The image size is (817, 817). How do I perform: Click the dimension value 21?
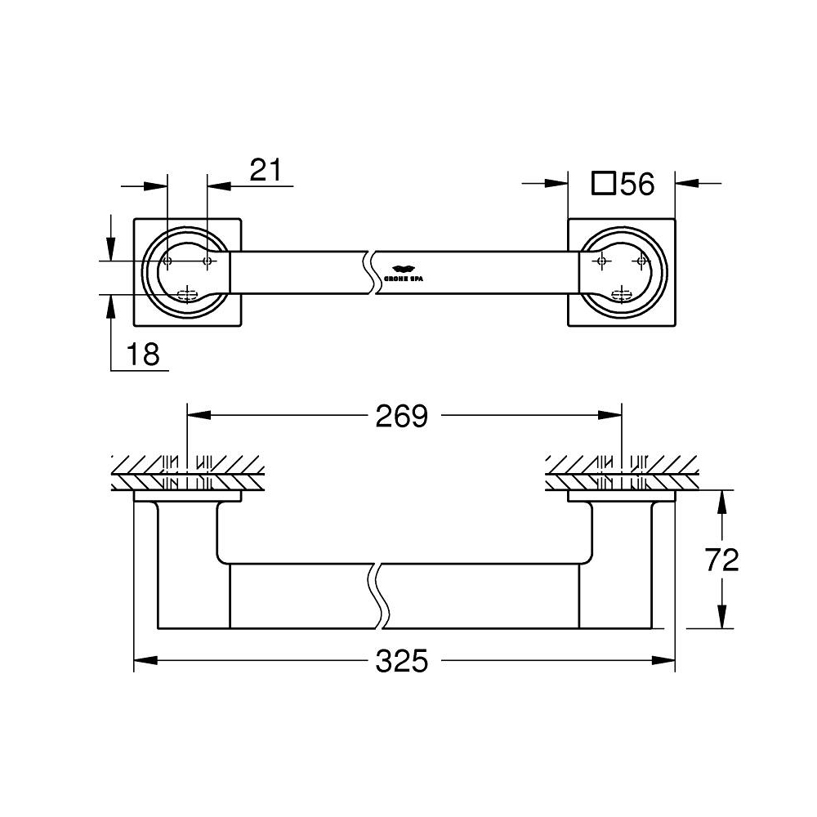266,170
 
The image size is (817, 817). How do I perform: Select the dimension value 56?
637,185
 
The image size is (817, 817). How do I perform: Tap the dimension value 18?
143,355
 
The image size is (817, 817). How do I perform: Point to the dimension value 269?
401,416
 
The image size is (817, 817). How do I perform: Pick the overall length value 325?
401,660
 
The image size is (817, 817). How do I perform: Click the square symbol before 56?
603,183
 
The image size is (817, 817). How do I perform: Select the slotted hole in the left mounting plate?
188,294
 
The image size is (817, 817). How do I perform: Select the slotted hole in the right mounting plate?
623,294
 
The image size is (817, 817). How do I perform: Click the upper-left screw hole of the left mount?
167,261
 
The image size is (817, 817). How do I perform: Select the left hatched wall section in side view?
188,473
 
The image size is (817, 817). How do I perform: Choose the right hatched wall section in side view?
623,473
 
